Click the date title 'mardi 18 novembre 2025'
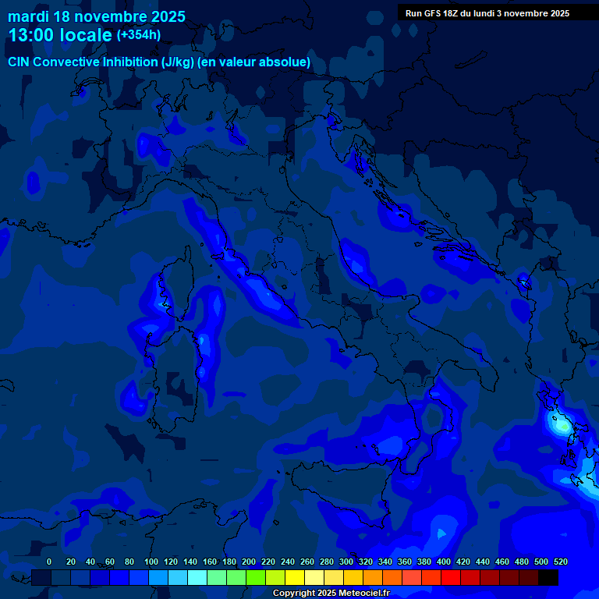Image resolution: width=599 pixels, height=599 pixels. pyautogui.click(x=97, y=16)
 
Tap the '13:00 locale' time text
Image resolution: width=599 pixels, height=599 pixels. pyautogui.click(x=60, y=35)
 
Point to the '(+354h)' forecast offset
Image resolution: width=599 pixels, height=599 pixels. pyautogui.click(x=139, y=35)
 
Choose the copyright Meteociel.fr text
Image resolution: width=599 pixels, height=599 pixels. pyautogui.click(x=331, y=594)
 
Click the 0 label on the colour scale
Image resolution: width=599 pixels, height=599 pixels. pyautogui.click(x=49, y=562)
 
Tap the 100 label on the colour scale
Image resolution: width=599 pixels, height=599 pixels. pyautogui.click(x=151, y=562)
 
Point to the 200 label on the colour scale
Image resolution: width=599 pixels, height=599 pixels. pyautogui.click(x=249, y=562)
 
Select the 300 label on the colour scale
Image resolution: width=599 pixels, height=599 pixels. pyautogui.click(x=346, y=562)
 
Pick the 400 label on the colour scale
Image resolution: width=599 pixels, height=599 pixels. pyautogui.click(x=444, y=562)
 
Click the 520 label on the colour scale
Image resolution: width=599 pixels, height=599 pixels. pyautogui.click(x=560, y=562)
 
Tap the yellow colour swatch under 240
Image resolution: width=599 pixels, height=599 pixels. pyautogui.click(x=295, y=578)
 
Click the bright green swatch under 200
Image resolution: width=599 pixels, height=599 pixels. pyautogui.click(x=256, y=578)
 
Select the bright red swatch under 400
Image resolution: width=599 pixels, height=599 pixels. pyautogui.click(x=451, y=578)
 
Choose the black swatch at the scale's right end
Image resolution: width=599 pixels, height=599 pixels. pyautogui.click(x=548, y=578)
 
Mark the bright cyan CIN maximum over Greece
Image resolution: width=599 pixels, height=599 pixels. pyautogui.click(x=559, y=426)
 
